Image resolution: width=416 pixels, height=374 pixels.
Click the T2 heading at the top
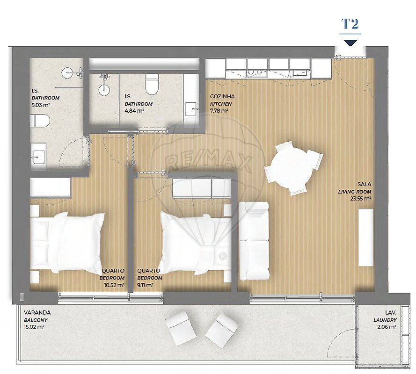[350, 24]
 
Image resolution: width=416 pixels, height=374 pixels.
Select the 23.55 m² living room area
[361, 199]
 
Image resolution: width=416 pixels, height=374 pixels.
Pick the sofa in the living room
[254, 241]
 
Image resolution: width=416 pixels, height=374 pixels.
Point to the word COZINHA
[222, 96]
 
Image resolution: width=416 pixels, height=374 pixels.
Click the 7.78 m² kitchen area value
[219, 111]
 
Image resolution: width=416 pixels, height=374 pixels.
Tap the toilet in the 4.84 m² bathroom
[152, 84]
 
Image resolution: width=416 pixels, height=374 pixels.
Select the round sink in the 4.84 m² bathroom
[104, 90]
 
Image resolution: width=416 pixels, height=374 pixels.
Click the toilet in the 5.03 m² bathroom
[40, 121]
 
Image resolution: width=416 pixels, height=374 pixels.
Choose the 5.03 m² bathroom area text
[41, 105]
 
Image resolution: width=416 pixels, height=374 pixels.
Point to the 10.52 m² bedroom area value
[114, 285]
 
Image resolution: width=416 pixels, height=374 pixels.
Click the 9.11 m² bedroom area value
[145, 285]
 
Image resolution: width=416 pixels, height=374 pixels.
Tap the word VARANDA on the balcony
[37, 313]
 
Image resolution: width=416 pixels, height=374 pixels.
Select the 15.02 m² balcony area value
[34, 327]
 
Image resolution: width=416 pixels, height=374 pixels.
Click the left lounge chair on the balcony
[181, 328]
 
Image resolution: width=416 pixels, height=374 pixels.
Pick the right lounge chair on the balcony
[221, 330]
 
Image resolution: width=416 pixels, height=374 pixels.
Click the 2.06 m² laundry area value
[387, 327]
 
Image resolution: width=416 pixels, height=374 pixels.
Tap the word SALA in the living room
[364, 184]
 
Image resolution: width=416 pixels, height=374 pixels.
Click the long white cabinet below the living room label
[366, 237]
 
